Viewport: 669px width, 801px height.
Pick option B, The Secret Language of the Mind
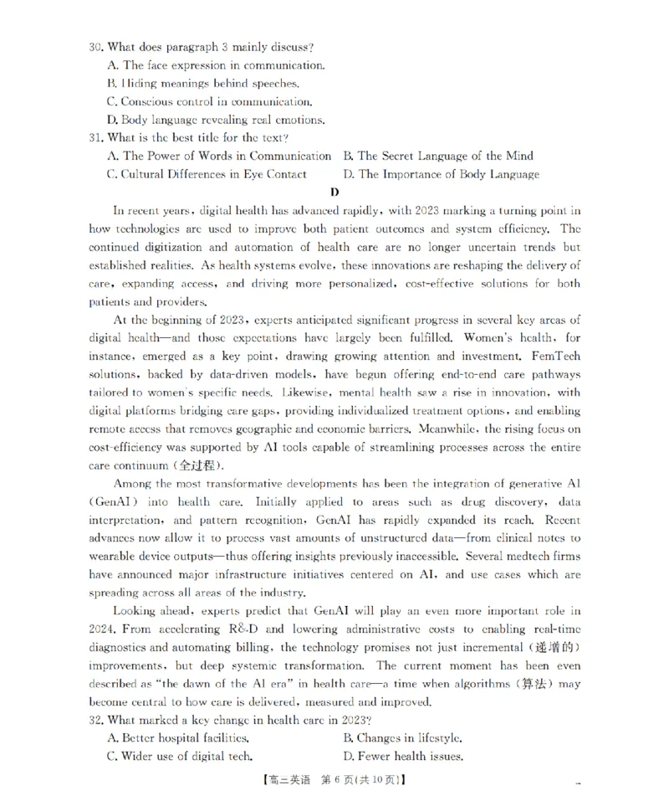pyautogui.click(x=437, y=156)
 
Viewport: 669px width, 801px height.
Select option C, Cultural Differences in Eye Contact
pyautogui.click(x=207, y=174)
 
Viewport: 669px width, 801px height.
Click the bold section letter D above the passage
pyautogui.click(x=334, y=193)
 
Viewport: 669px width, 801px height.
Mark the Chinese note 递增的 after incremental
pyautogui.click(x=551, y=648)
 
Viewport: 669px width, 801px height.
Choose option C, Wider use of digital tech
pyautogui.click(x=180, y=757)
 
